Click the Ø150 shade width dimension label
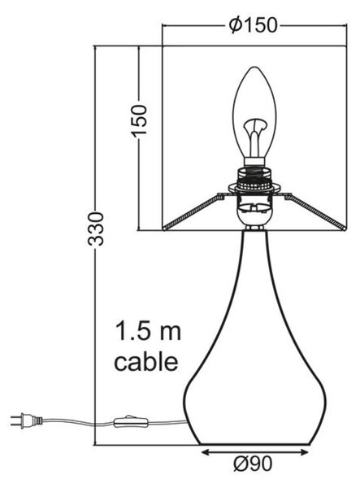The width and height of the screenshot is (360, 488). [x=253, y=25]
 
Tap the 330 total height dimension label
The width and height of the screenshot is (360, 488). [x=96, y=229]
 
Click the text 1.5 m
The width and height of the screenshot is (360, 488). [x=148, y=332]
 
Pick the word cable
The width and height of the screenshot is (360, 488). [x=146, y=361]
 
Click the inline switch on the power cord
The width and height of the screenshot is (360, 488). [x=131, y=421]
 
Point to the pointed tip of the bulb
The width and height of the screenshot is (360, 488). [x=254, y=67]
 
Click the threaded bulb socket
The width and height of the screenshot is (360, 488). [x=254, y=181]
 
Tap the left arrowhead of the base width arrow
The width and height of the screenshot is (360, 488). [x=206, y=453]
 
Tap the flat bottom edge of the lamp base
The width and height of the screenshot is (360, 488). [x=255, y=444]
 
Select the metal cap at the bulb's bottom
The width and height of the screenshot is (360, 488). [x=254, y=161]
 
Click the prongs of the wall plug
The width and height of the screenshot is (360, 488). [x=16, y=420]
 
